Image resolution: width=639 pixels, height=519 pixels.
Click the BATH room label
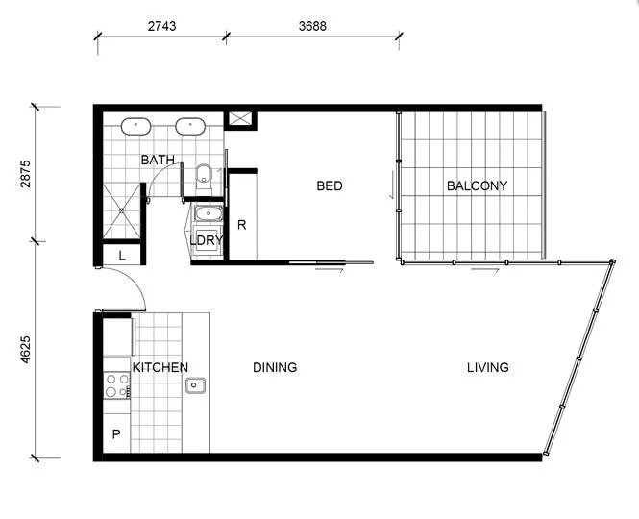point(158,160)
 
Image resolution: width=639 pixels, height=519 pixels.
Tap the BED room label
point(330,185)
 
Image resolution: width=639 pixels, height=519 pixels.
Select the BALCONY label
point(477,185)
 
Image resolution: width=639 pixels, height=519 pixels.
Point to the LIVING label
point(488,367)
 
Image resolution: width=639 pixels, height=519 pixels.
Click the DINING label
point(275,367)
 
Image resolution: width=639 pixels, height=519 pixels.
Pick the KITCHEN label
point(160,367)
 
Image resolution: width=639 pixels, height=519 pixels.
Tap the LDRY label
point(207,240)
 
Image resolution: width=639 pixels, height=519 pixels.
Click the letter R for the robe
point(242,226)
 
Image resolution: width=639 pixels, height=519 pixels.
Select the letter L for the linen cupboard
point(122,256)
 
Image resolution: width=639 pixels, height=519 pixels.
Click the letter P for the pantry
point(116,434)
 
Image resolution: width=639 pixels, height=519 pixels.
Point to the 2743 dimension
point(161,27)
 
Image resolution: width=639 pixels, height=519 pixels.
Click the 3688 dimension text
point(312,27)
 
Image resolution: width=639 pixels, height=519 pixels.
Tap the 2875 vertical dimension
point(25,173)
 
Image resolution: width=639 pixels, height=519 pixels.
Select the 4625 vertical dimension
point(25,349)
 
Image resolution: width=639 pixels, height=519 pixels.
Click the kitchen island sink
point(196,385)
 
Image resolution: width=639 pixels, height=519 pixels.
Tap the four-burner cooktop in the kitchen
point(117,386)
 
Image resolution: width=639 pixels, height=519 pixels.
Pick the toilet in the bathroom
point(203,175)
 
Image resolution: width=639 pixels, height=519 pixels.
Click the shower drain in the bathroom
point(120,211)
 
